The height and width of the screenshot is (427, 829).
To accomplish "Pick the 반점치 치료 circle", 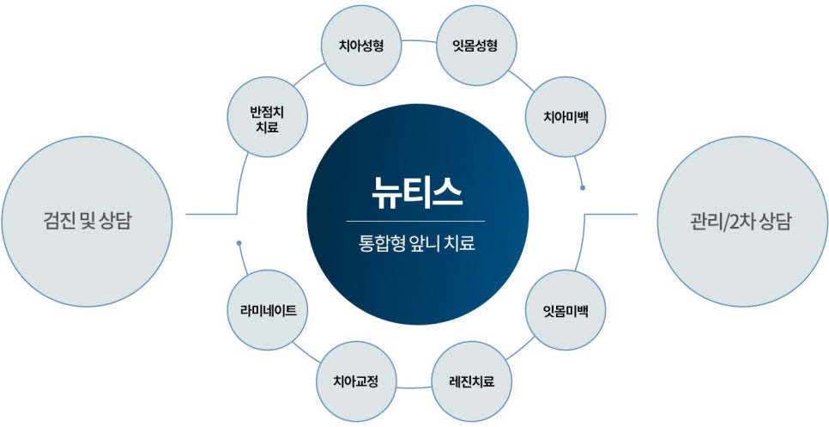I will point(264,119).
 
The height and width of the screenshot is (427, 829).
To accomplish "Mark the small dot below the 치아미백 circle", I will point(583,187).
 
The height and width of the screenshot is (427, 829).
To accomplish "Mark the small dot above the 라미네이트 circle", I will point(239,243).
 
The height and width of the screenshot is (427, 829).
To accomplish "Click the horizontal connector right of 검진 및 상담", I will point(210,214).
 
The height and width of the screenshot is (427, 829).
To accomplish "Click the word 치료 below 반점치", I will point(264,127).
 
